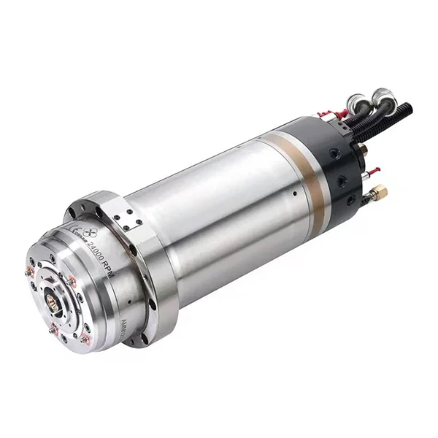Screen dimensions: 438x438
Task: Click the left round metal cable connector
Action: (x=356, y=101)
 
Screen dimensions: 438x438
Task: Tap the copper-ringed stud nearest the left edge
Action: (x=30, y=272)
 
